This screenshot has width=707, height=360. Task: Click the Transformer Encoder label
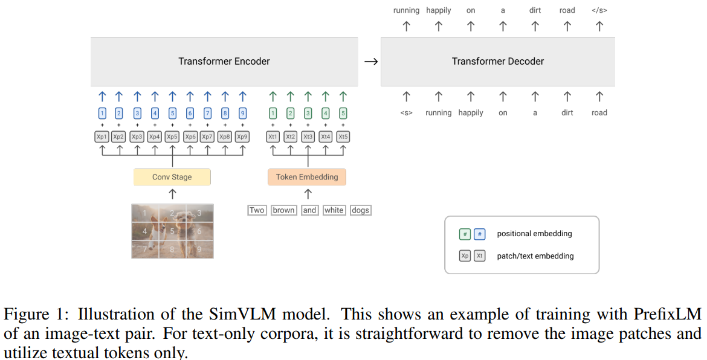pyautogui.click(x=224, y=61)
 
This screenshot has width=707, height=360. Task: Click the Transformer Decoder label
pyautogui.click(x=497, y=61)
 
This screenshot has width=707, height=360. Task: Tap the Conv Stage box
pyautogui.click(x=172, y=177)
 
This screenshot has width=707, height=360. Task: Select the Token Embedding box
pyautogui.click(x=307, y=177)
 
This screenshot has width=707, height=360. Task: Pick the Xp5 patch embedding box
pyautogui.click(x=172, y=137)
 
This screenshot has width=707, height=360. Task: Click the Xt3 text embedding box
pyautogui.click(x=308, y=137)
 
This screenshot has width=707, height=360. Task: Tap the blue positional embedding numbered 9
pyautogui.click(x=242, y=113)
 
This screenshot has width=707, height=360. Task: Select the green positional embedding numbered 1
pyautogui.click(x=273, y=113)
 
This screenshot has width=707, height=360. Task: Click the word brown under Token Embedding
pyautogui.click(x=283, y=210)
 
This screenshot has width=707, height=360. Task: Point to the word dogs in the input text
pyautogui.click(x=360, y=210)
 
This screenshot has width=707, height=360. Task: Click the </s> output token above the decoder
pyautogui.click(x=599, y=10)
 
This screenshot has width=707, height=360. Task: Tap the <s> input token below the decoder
pyautogui.click(x=406, y=113)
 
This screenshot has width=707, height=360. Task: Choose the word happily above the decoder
pyautogui.click(x=439, y=10)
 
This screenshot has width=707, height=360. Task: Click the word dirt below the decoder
pyautogui.click(x=567, y=113)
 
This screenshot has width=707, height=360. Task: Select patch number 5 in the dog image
pyautogui.click(x=172, y=231)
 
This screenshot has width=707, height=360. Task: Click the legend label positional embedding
pyautogui.click(x=534, y=234)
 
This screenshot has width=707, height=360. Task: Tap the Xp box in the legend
pyautogui.click(x=465, y=256)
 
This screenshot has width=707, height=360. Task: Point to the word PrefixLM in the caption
pyautogui.click(x=667, y=315)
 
